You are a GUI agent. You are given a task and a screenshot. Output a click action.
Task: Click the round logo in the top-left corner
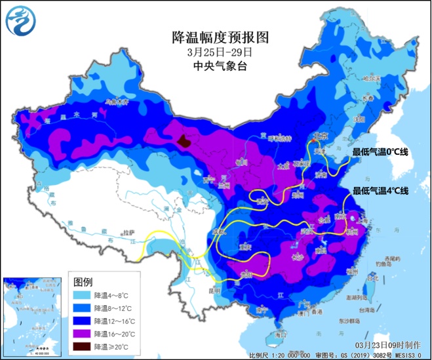coord(20,22)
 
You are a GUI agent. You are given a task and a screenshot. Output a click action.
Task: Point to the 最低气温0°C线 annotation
coord(380,152)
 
